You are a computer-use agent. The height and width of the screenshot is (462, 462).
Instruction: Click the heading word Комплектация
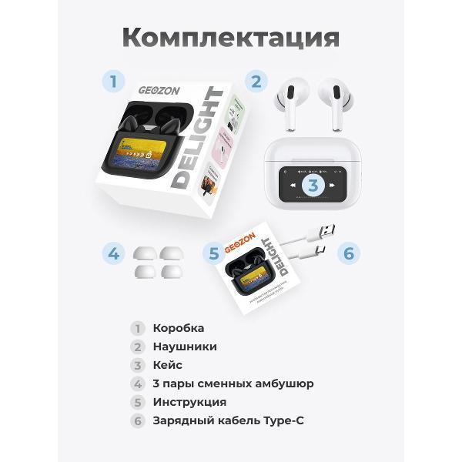230,37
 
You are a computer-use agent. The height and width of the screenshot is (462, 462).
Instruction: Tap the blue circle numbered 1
113,81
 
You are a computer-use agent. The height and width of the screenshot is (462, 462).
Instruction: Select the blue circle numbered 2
256,81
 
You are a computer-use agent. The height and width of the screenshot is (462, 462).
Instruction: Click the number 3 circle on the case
313,185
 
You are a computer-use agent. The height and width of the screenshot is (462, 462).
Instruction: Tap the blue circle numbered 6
347,253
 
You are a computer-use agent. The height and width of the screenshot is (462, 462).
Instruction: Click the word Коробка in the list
179,328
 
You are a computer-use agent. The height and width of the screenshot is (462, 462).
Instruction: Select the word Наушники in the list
185,346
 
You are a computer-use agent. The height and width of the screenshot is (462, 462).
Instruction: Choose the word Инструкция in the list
189,402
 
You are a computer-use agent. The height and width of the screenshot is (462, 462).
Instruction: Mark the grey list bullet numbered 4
137,383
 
